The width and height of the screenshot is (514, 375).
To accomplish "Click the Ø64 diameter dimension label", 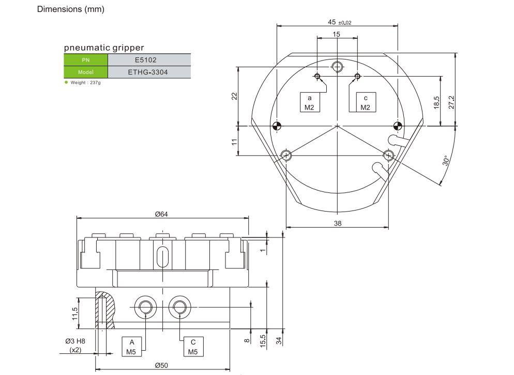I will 162,214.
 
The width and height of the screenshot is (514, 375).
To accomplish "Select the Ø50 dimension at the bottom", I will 162,365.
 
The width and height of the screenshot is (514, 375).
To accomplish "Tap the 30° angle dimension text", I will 446,161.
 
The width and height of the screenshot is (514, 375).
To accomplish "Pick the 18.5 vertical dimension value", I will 436,102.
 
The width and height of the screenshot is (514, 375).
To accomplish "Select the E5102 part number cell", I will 148,59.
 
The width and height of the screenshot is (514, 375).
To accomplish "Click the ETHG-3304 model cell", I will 148,72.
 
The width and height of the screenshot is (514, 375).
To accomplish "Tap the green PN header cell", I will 86,59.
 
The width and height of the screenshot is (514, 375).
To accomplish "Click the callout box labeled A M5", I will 132,347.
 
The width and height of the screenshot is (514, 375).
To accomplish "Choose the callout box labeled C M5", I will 193,347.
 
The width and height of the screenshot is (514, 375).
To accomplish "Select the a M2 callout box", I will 310,102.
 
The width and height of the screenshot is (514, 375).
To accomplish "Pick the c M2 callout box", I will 366,102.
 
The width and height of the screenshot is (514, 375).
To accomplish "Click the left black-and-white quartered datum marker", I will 277,126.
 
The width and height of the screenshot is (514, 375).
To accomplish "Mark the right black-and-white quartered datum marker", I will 397,126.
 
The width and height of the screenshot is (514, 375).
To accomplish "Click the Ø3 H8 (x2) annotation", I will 76,346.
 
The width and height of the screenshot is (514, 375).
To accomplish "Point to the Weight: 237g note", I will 85,83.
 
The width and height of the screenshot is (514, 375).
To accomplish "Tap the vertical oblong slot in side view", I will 162,257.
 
